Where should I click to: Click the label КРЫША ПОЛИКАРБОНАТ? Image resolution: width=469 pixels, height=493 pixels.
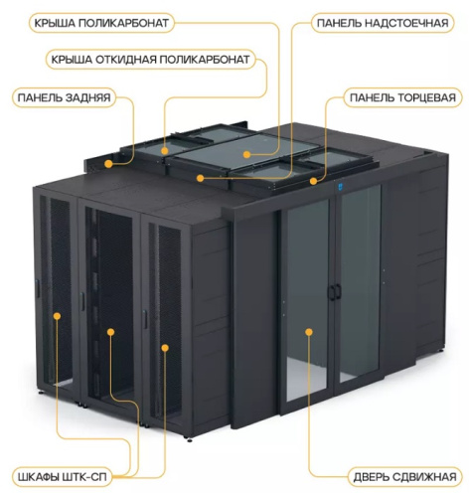[x=101, y=23]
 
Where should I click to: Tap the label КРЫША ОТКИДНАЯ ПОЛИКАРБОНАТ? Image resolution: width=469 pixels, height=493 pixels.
[x=150, y=60]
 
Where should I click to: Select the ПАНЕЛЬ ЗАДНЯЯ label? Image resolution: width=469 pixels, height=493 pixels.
[x=64, y=97]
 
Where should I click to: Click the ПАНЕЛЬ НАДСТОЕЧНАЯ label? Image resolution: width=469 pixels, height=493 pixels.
[x=383, y=23]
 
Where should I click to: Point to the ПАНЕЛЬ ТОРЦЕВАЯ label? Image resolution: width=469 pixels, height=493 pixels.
[x=402, y=97]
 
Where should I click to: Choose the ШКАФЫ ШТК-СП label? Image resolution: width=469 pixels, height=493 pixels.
[x=63, y=477]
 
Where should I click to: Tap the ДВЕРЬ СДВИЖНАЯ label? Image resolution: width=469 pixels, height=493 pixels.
[x=404, y=477]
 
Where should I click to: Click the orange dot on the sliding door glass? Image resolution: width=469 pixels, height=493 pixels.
[x=309, y=332]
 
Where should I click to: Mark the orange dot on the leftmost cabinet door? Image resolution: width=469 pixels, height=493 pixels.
[x=57, y=316]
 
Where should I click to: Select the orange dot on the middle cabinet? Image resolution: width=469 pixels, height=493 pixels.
[x=111, y=332]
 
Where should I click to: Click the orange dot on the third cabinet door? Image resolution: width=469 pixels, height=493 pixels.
[x=165, y=348]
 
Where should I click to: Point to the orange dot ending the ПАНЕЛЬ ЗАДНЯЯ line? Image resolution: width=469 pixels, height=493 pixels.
[x=108, y=164]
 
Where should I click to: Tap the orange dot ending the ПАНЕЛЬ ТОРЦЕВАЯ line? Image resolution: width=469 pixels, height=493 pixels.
[x=313, y=181]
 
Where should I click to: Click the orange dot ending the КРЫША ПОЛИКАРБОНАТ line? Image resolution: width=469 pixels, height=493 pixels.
[x=246, y=154]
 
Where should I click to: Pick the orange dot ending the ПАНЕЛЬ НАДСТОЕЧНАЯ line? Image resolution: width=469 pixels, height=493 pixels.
[x=200, y=178]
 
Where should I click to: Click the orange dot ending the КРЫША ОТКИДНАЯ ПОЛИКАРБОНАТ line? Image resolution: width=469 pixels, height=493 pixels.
[x=165, y=151]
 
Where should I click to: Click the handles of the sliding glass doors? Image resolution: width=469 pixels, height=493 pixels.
[x=335, y=291]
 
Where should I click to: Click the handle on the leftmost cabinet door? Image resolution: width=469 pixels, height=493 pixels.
[x=38, y=288]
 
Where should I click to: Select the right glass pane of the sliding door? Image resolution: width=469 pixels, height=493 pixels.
[x=361, y=283]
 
